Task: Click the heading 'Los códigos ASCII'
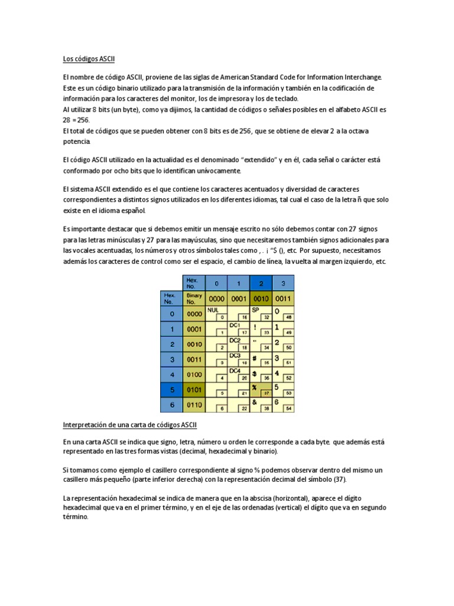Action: [x=89, y=59]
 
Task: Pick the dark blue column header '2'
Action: [x=261, y=283]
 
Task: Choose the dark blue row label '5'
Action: [x=171, y=391]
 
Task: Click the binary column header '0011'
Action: [x=283, y=299]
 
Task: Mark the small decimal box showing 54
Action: [x=288, y=409]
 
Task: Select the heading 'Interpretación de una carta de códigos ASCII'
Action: [x=130, y=425]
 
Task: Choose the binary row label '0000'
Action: [x=194, y=314]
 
